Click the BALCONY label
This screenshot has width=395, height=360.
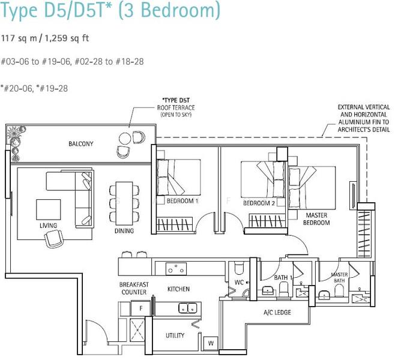pyautogui.click(x=81, y=144)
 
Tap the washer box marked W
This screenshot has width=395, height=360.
pyautogui.click(x=211, y=343)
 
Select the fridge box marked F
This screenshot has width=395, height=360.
pyautogui.click(x=141, y=308)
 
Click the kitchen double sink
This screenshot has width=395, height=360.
pyautogui.click(x=188, y=308)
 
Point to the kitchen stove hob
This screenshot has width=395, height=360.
pyautogui.click(x=176, y=269)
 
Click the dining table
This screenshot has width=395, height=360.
pyautogui.click(x=124, y=203)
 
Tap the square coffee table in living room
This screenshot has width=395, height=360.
pyautogui.click(x=49, y=209)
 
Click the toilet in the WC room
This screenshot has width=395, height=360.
pyautogui.click(x=238, y=268)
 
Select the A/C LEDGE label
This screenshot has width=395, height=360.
pyautogui.click(x=277, y=313)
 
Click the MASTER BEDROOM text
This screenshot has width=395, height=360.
pyautogui.click(x=316, y=219)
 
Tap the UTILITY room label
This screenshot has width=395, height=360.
pyautogui.click(x=175, y=335)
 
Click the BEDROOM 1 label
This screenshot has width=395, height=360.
pyautogui.click(x=182, y=200)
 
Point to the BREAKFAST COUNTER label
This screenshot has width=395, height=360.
pyautogui.click(x=134, y=288)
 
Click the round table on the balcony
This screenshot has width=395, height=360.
pyautogui.click(x=125, y=138)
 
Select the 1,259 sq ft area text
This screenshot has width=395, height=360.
pyautogui.click(x=67, y=38)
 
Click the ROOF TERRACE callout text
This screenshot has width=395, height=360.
pyautogui.click(x=176, y=108)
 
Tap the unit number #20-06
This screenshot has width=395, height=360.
pyautogui.click(x=17, y=88)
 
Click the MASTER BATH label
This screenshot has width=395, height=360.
pyautogui.click(x=339, y=277)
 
